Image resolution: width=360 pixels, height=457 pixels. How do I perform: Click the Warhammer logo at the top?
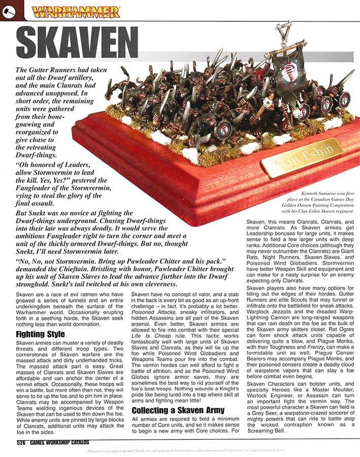tap(75, 11)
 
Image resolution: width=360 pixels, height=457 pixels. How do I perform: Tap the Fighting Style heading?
tap(40, 334)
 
